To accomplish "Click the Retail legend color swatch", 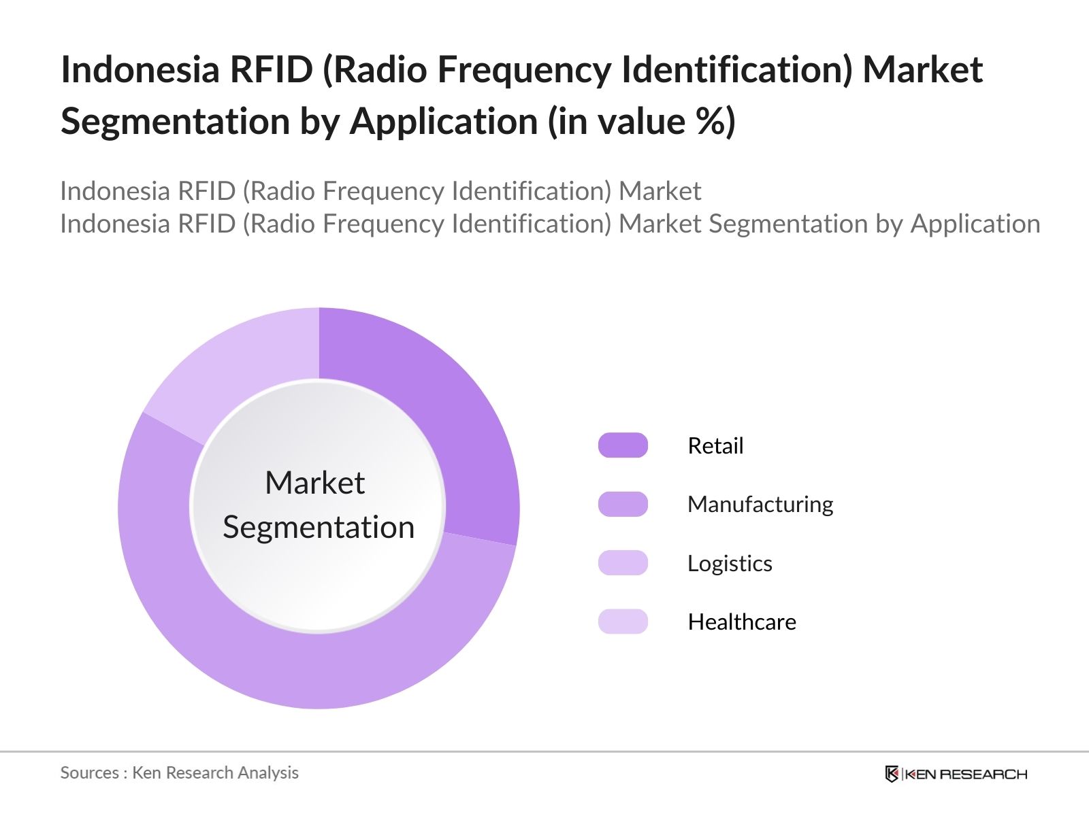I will [623, 445].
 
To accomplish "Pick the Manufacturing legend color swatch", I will [623, 505].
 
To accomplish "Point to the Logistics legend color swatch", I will [623, 563].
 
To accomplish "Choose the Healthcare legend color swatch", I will [623, 622].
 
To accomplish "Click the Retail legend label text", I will [715, 445].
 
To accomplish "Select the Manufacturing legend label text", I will [760, 505].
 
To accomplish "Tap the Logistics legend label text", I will [730, 563].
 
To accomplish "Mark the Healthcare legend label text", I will [742, 622].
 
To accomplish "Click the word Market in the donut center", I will [314, 483].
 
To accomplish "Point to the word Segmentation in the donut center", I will [319, 527].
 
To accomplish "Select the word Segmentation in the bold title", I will [176, 121].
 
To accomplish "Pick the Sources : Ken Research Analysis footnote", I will [180, 772].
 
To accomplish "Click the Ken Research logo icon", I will [892, 774].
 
